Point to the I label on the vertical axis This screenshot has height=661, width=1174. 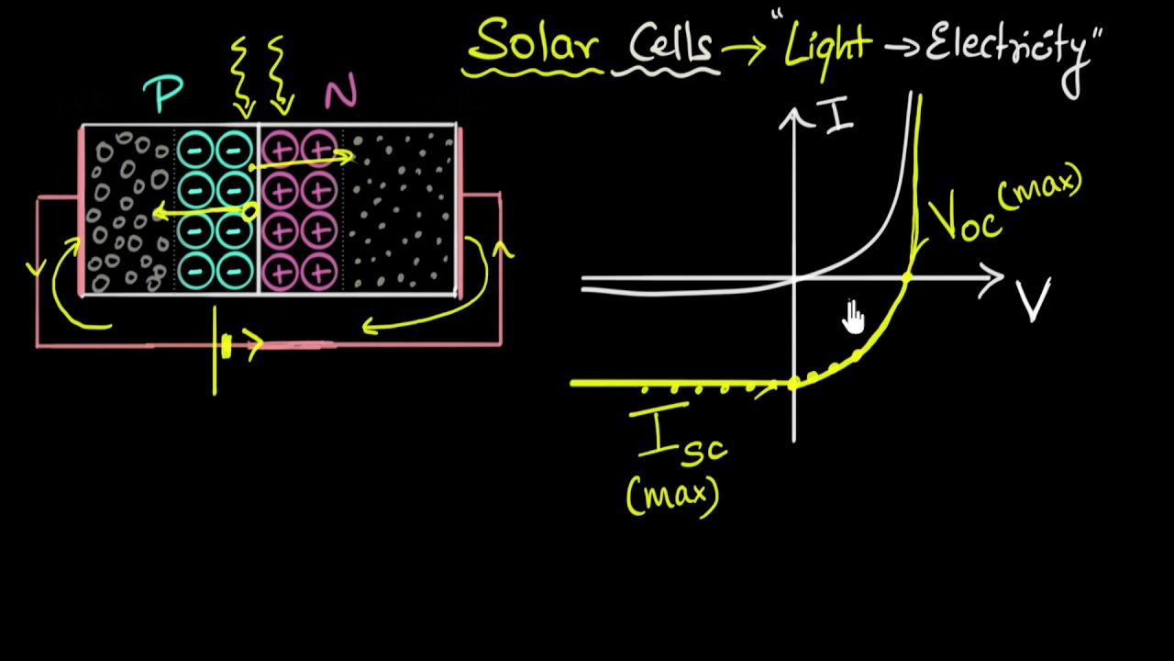840,118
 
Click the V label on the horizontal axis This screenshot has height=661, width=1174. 1035,299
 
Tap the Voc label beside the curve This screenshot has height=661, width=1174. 963,218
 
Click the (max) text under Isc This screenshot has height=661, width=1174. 672,496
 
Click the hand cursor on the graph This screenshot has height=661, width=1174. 854,317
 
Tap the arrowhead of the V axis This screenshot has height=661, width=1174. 993,279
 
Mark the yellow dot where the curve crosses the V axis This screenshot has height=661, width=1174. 907,277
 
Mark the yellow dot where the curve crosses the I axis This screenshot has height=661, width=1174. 794,383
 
